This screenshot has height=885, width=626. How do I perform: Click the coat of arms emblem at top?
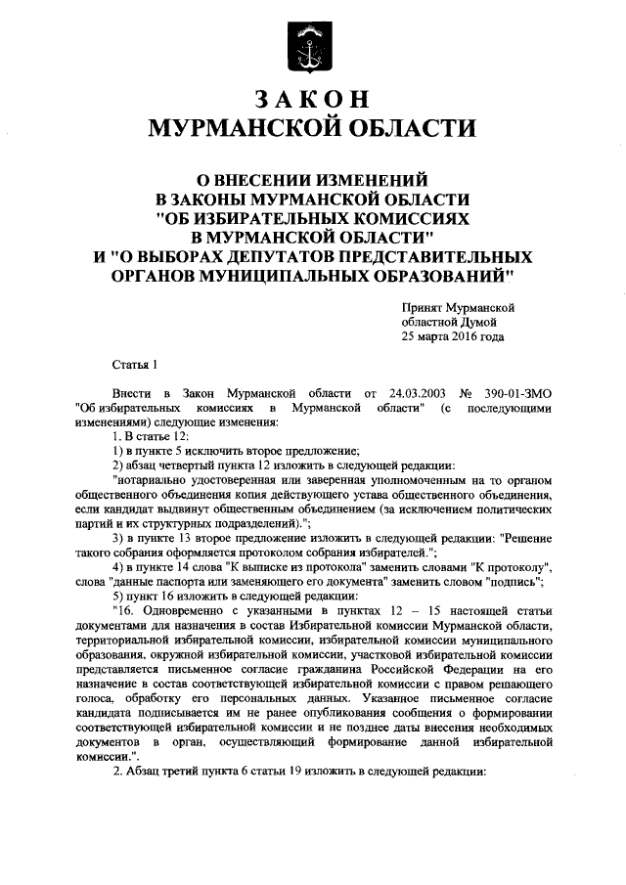(312, 47)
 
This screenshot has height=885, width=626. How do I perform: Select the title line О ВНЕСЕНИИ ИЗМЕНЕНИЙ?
(312, 179)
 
